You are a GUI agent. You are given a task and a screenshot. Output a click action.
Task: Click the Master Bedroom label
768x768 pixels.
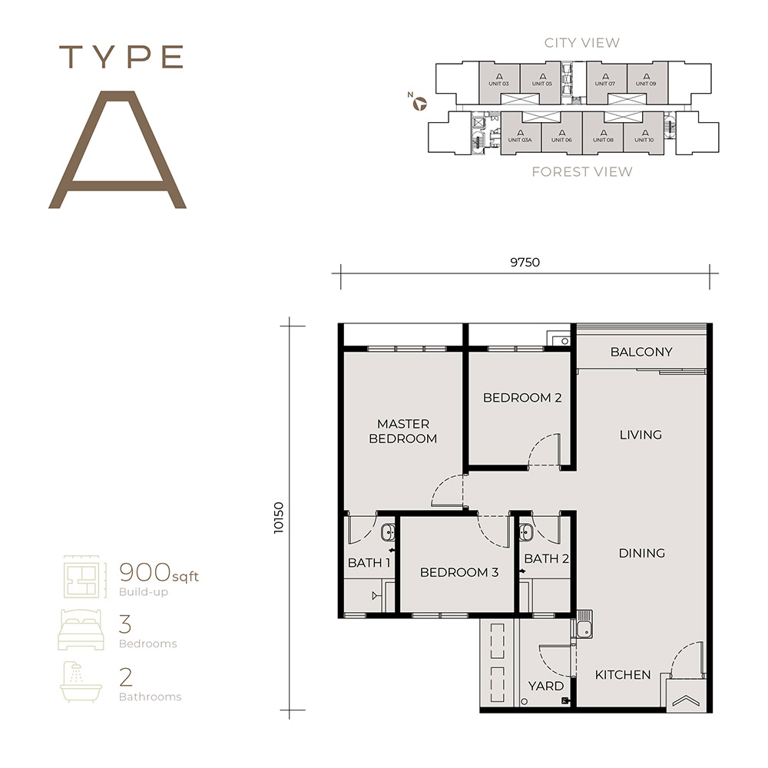coord(402,431)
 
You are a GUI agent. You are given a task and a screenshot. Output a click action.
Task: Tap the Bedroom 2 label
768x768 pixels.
coord(522,398)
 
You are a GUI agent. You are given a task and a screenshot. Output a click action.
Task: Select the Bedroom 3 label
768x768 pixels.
coord(459,572)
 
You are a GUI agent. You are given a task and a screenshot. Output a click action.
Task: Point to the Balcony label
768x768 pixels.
coord(641,352)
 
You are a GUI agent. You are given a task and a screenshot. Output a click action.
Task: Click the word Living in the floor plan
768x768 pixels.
coord(641,435)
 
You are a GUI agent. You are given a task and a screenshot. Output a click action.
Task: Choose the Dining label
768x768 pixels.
coord(641,553)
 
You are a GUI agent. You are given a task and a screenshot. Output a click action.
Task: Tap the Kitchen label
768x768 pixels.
coord(623,675)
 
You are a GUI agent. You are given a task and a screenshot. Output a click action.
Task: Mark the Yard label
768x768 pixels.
coord(546,686)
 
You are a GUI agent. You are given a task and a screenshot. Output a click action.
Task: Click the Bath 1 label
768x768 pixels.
coord(369,563)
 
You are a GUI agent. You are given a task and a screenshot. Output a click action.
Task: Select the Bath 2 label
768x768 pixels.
coord(546,558)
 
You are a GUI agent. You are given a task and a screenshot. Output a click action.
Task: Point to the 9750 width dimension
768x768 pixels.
coord(525,262)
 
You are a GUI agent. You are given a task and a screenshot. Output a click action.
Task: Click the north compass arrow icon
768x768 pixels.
coord(419,103)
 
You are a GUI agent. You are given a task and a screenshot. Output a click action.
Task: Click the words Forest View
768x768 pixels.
coord(582,171)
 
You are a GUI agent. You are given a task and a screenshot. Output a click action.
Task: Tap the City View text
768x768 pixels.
coord(581,43)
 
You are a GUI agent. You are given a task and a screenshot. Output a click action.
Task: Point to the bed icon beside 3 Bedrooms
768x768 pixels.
coord(81,631)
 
